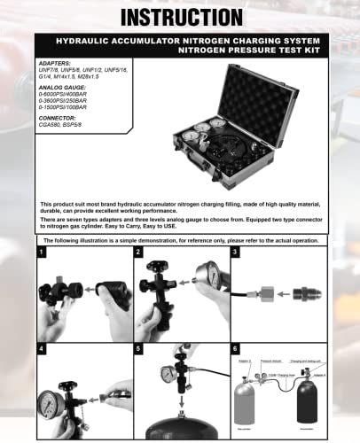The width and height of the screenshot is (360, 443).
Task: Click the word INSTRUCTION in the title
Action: tap(180, 17)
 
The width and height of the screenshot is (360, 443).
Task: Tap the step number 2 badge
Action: tap(138, 253)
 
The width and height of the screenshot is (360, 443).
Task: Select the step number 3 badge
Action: tap(234, 253)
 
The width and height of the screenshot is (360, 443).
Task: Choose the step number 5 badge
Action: tap(138, 348)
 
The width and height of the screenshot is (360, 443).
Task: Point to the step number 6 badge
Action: tap(234, 348)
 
